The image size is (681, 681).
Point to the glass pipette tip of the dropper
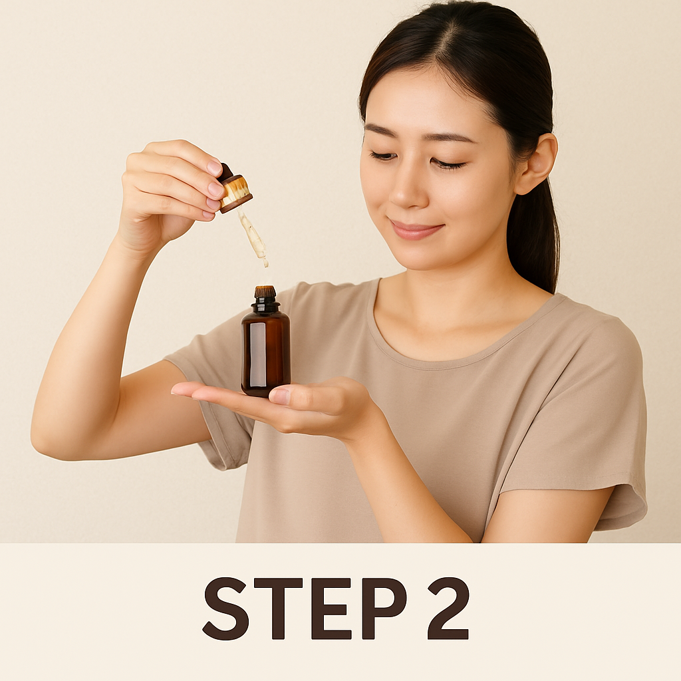tap(265, 262)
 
